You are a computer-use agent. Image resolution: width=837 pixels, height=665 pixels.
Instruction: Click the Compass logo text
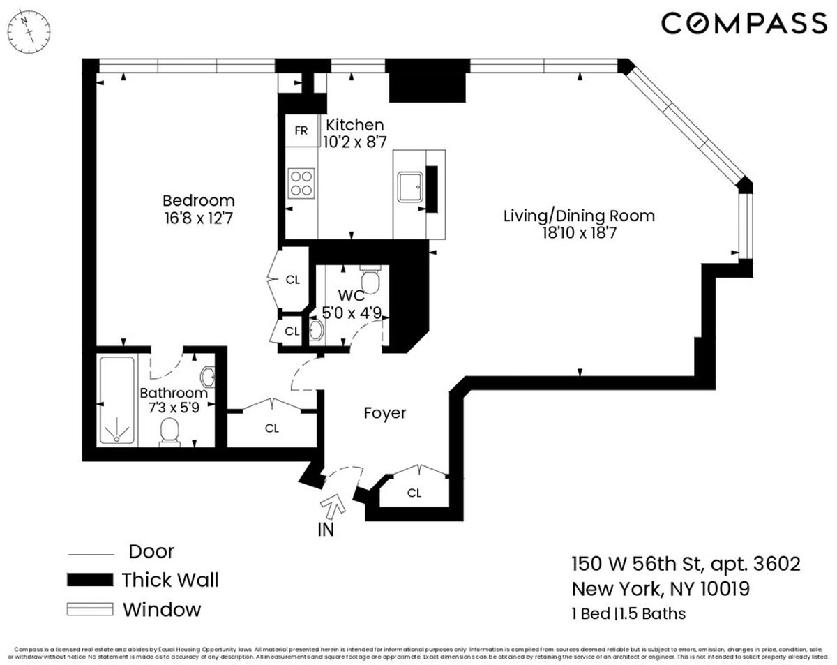click(744, 24)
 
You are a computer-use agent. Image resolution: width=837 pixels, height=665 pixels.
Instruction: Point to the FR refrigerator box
click(301, 130)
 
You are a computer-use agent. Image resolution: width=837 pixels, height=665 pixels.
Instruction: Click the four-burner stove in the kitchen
click(301, 184)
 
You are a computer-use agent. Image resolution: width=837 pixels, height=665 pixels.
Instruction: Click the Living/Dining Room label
click(579, 216)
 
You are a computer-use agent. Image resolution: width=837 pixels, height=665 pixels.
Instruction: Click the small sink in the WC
click(316, 331)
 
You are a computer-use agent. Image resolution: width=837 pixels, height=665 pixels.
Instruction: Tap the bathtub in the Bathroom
click(117, 401)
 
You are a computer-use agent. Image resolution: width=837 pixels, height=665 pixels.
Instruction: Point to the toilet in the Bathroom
click(170, 432)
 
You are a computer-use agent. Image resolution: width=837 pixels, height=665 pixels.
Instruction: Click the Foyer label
click(384, 413)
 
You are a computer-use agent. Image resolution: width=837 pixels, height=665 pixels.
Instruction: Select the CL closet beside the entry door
click(414, 493)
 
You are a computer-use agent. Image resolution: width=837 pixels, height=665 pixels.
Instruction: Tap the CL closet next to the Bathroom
click(271, 428)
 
